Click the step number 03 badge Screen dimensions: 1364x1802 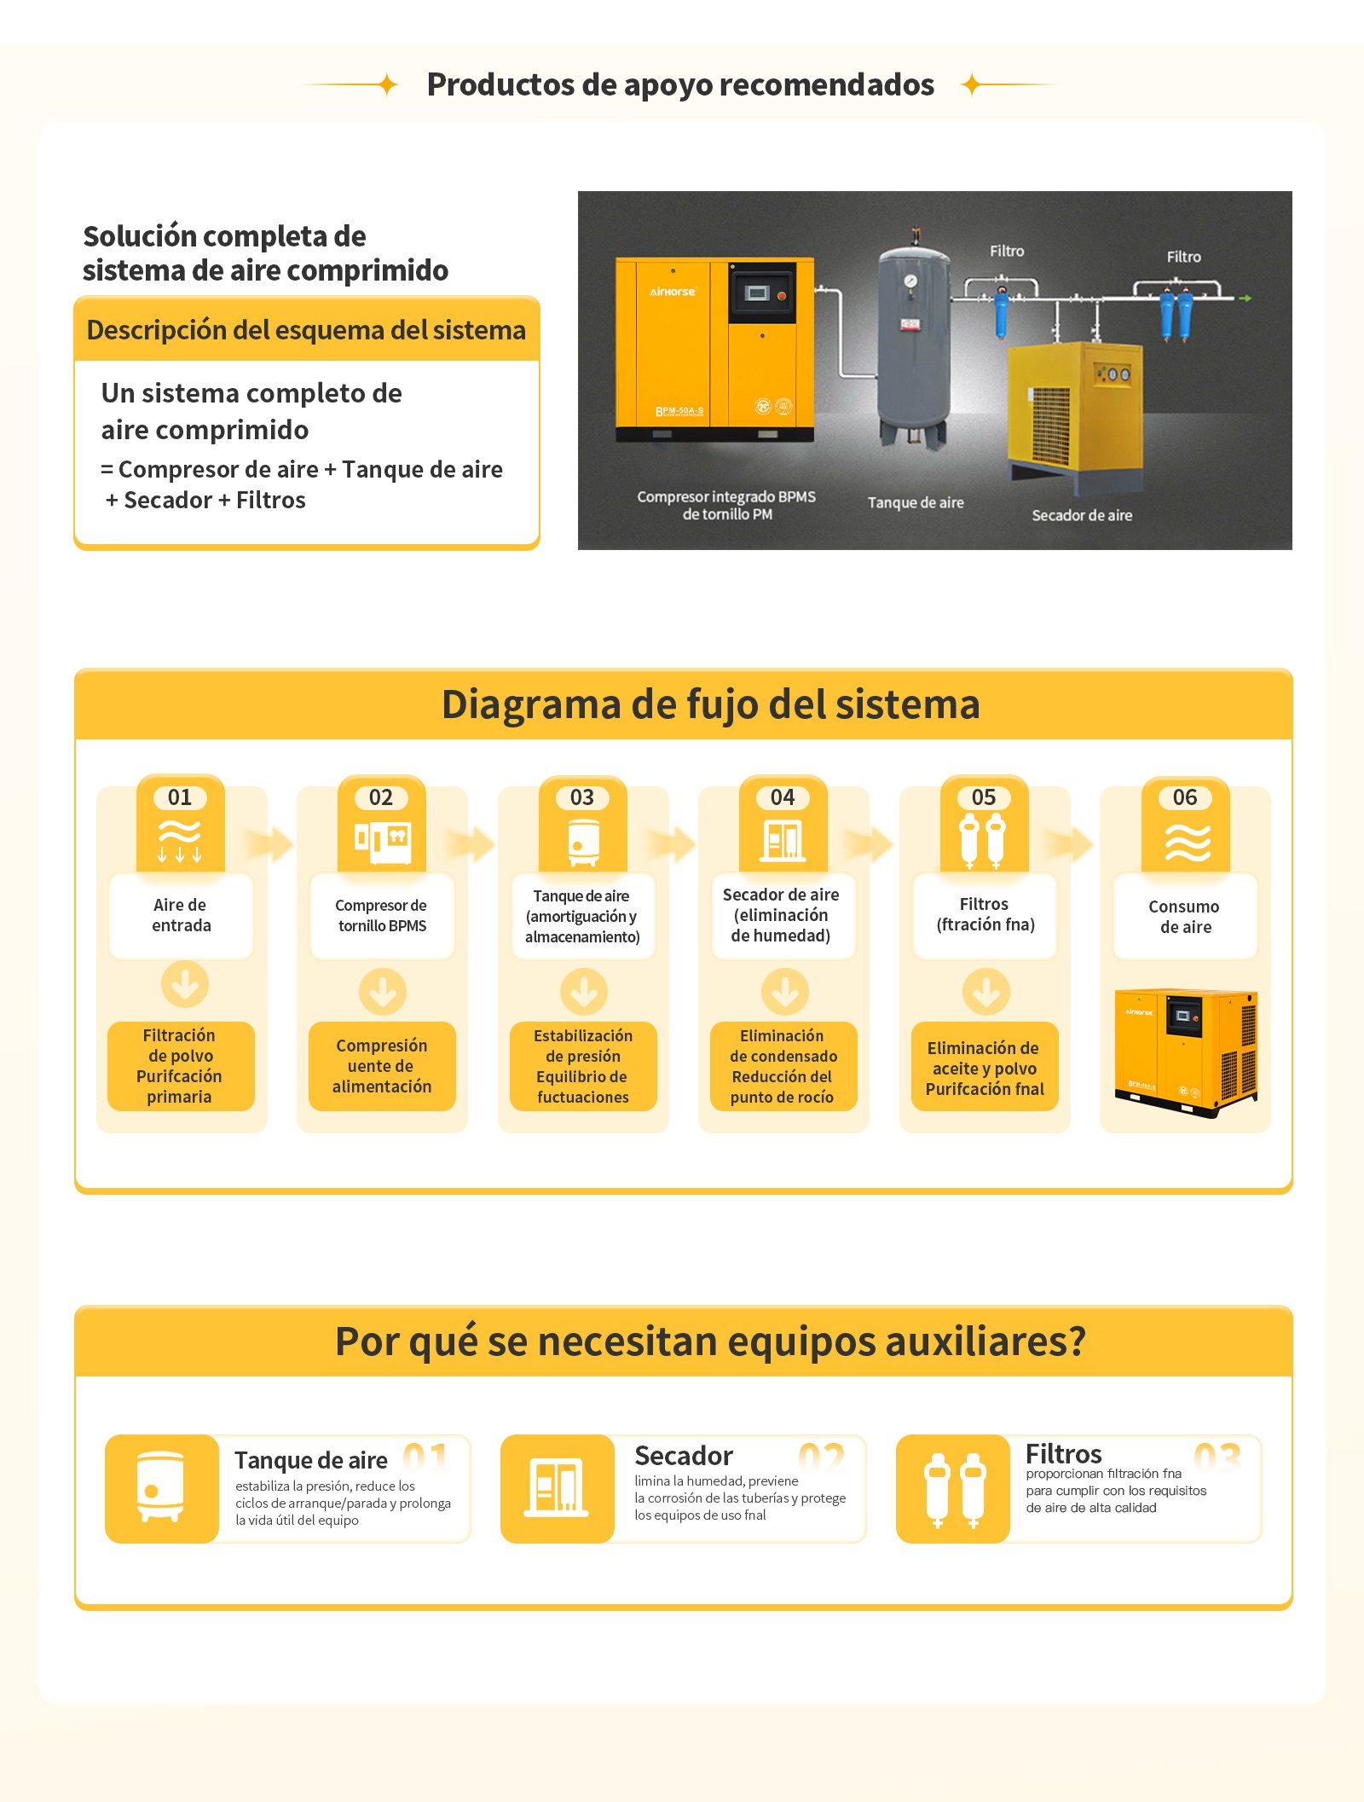(x=582, y=797)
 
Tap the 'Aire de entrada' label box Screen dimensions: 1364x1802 (x=182, y=916)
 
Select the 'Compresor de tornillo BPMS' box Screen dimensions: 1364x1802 (x=382, y=916)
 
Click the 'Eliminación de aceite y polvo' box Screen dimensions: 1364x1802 (x=985, y=1067)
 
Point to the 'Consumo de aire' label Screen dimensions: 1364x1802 (x=1185, y=917)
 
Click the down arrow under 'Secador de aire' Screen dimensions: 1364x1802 (x=784, y=992)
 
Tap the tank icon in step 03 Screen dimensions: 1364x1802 (x=583, y=842)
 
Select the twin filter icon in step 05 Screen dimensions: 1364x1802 (x=983, y=841)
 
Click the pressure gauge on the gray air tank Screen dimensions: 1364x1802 (x=910, y=281)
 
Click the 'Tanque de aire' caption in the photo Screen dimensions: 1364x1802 (x=916, y=502)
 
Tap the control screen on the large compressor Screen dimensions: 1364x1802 (x=757, y=293)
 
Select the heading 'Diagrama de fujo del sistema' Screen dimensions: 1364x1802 (x=711, y=704)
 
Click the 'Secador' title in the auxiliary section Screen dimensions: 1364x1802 (x=684, y=1456)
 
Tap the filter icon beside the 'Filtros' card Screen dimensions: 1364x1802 (x=954, y=1490)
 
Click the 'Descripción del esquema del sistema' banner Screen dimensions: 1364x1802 (x=307, y=329)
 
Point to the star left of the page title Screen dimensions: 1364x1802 (x=387, y=84)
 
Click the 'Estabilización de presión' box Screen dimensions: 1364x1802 (x=583, y=1067)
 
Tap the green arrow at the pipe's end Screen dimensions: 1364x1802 (x=1246, y=298)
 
